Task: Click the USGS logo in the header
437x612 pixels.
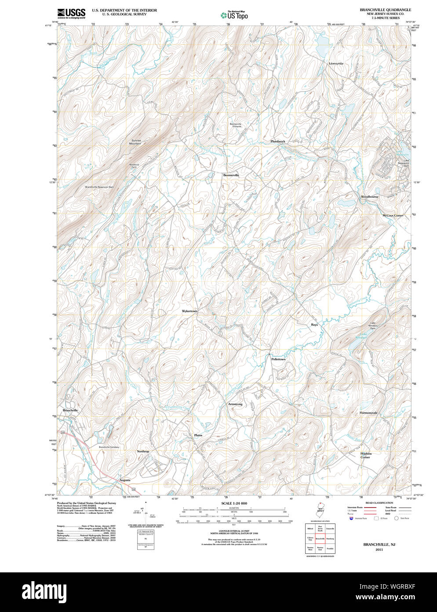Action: [71, 13]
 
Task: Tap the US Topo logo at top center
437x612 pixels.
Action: [234, 16]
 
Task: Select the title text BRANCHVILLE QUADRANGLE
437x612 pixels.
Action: [385, 10]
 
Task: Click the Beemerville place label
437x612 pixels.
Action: [231, 175]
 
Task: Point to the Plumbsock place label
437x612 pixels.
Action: [278, 141]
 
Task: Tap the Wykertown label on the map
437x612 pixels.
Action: [189, 311]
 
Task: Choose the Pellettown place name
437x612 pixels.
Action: [278, 359]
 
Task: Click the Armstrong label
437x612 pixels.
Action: [235, 404]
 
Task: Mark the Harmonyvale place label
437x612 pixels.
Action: [368, 413]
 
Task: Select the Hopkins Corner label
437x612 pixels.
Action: [366, 455]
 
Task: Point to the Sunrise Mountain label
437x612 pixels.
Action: [136, 142]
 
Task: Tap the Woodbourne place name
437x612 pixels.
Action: [369, 197]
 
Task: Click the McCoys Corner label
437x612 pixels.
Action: [393, 216]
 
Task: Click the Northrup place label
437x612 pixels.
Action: [143, 452]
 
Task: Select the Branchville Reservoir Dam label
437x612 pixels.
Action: [102, 187]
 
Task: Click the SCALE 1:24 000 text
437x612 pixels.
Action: [234, 503]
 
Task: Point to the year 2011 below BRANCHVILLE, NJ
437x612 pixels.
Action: [379, 550]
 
